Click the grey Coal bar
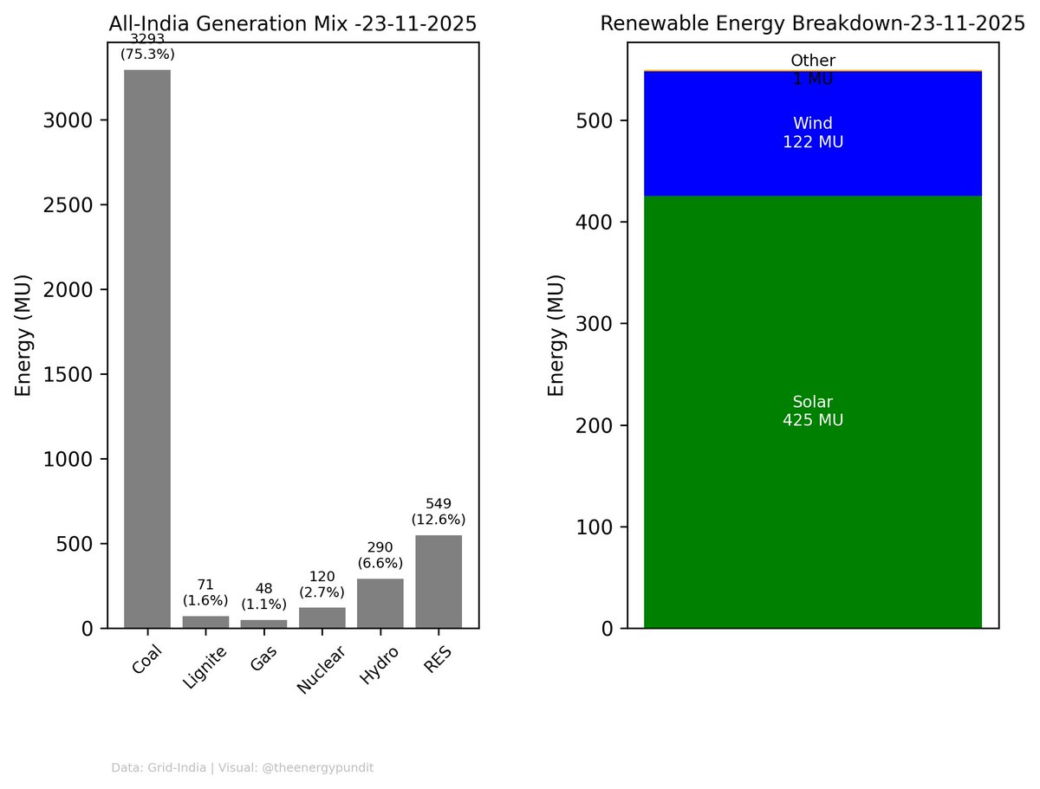[x=147, y=346]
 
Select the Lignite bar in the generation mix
[x=205, y=622]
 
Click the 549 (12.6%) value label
[x=439, y=512]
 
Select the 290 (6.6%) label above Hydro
[x=380, y=554]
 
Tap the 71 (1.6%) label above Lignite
[x=205, y=592]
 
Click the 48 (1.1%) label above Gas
[x=263, y=596]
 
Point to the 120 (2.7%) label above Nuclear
[x=322, y=584]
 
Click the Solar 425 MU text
[x=813, y=411]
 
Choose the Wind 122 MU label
[x=813, y=133]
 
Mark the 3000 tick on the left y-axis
[x=67, y=120]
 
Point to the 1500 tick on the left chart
[x=67, y=375]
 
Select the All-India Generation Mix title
[x=293, y=25]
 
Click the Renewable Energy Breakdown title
[x=813, y=24]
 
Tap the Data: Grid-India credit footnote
[x=243, y=767]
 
